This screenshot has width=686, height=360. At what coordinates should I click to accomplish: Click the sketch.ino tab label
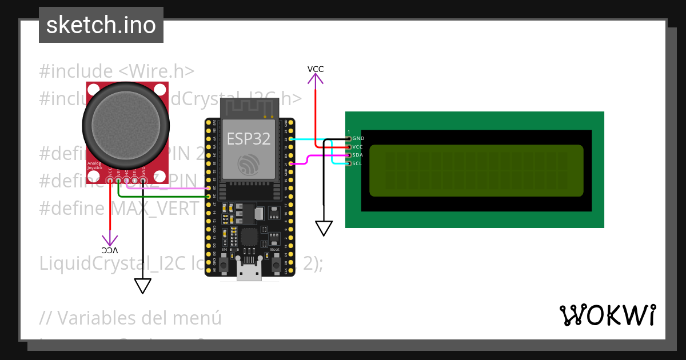(101, 25)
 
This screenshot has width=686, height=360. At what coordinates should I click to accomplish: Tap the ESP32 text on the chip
(249, 139)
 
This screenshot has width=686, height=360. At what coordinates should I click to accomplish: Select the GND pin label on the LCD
(358, 138)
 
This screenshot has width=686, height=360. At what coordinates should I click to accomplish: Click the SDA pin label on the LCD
(358, 155)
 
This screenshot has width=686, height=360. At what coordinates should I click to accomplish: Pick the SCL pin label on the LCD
(357, 163)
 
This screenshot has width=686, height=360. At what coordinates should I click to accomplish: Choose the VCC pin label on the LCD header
(358, 147)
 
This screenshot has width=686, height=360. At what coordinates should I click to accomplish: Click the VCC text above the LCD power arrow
(316, 69)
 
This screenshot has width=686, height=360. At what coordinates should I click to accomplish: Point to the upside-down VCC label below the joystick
(109, 250)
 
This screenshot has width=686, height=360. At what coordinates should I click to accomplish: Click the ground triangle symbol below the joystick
(142, 286)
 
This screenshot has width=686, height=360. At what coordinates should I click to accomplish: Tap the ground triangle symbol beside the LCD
(324, 229)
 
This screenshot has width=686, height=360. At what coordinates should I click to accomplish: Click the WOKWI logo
(607, 315)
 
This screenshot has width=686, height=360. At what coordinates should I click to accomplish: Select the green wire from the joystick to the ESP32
(160, 197)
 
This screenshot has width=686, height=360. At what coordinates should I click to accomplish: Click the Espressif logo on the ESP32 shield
(249, 163)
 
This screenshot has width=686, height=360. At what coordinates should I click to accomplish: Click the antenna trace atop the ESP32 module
(249, 107)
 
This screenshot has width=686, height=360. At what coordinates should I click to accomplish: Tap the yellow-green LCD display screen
(476, 170)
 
